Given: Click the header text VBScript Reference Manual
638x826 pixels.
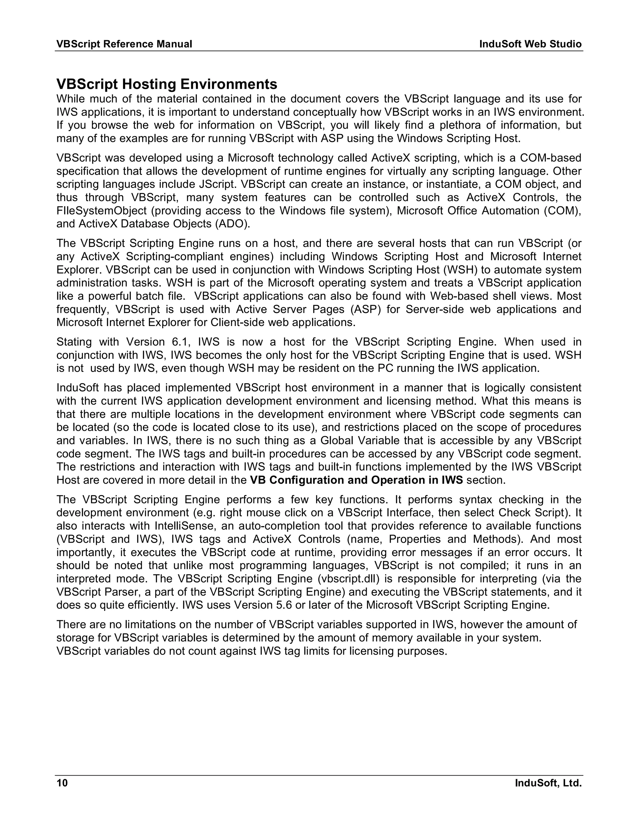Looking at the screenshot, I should click(124, 44).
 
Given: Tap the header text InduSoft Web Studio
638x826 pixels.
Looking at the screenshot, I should click(530, 44).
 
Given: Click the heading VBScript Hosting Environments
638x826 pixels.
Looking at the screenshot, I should click(167, 84).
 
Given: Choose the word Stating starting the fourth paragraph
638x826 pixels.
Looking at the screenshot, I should click(74, 342).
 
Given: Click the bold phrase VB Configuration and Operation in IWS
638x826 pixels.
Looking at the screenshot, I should click(356, 480).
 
